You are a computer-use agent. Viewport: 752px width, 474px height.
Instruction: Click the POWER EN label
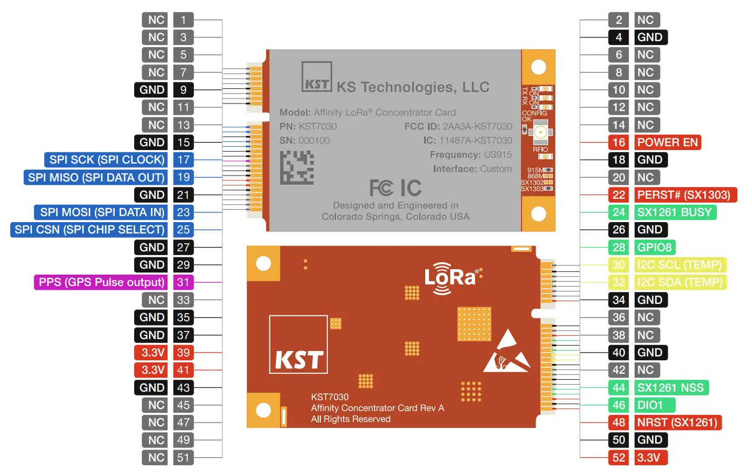pyautogui.click(x=668, y=142)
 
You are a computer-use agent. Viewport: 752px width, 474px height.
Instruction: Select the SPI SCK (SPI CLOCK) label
pyautogui.click(x=107, y=160)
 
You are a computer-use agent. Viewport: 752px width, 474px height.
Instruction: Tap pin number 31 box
pyautogui.click(x=183, y=282)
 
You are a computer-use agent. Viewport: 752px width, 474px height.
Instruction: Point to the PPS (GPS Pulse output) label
pyautogui.click(x=101, y=282)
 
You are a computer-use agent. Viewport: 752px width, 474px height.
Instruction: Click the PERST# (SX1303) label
pyautogui.click(x=685, y=195)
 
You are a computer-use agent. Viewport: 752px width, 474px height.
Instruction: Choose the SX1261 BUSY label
pyautogui.click(x=675, y=212)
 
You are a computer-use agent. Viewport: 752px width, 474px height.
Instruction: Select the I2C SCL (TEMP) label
pyautogui.click(x=680, y=265)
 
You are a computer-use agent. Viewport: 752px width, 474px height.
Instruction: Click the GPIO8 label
pyautogui.click(x=655, y=248)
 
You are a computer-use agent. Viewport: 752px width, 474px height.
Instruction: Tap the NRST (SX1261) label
pyautogui.click(x=677, y=423)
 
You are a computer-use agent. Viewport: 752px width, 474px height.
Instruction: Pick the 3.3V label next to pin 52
pyautogui.click(x=650, y=458)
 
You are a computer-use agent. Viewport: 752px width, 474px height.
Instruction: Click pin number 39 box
pyautogui.click(x=183, y=353)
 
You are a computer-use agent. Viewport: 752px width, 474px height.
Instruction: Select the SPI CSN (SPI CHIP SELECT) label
pyautogui.click(x=89, y=230)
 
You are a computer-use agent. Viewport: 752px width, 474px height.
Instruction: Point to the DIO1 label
pyautogui.click(x=655, y=405)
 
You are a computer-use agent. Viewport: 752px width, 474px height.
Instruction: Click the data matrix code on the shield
pyautogui.click(x=297, y=167)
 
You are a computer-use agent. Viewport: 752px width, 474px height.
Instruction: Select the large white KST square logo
pyautogui.click(x=299, y=345)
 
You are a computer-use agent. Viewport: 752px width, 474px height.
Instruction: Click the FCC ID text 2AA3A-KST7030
pyautogui.click(x=458, y=127)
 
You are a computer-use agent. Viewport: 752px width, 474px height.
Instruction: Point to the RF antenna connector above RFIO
pyautogui.click(x=540, y=132)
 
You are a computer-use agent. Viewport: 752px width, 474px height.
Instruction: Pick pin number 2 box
pyautogui.click(x=618, y=20)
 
